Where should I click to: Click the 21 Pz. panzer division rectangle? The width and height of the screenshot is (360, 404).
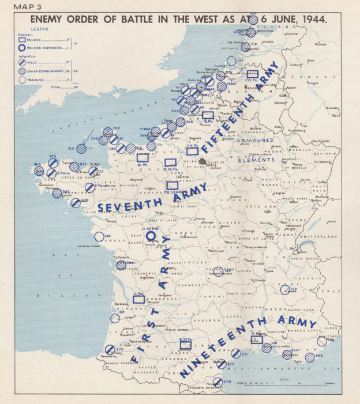click(142, 157)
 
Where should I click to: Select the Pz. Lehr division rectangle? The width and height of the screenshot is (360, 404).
click(172, 186)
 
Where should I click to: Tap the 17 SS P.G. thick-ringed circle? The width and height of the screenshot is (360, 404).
click(151, 235)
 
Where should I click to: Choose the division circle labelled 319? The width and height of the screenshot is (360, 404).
click(82, 148)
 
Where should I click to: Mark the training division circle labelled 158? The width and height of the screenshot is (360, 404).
click(99, 237)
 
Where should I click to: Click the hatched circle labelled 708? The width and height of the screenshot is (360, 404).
click(121, 265)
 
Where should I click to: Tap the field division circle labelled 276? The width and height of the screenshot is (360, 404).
click(110, 349)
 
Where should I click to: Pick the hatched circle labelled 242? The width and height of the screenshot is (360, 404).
click(310, 357)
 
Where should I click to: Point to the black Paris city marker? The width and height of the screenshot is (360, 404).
click(202, 162)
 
